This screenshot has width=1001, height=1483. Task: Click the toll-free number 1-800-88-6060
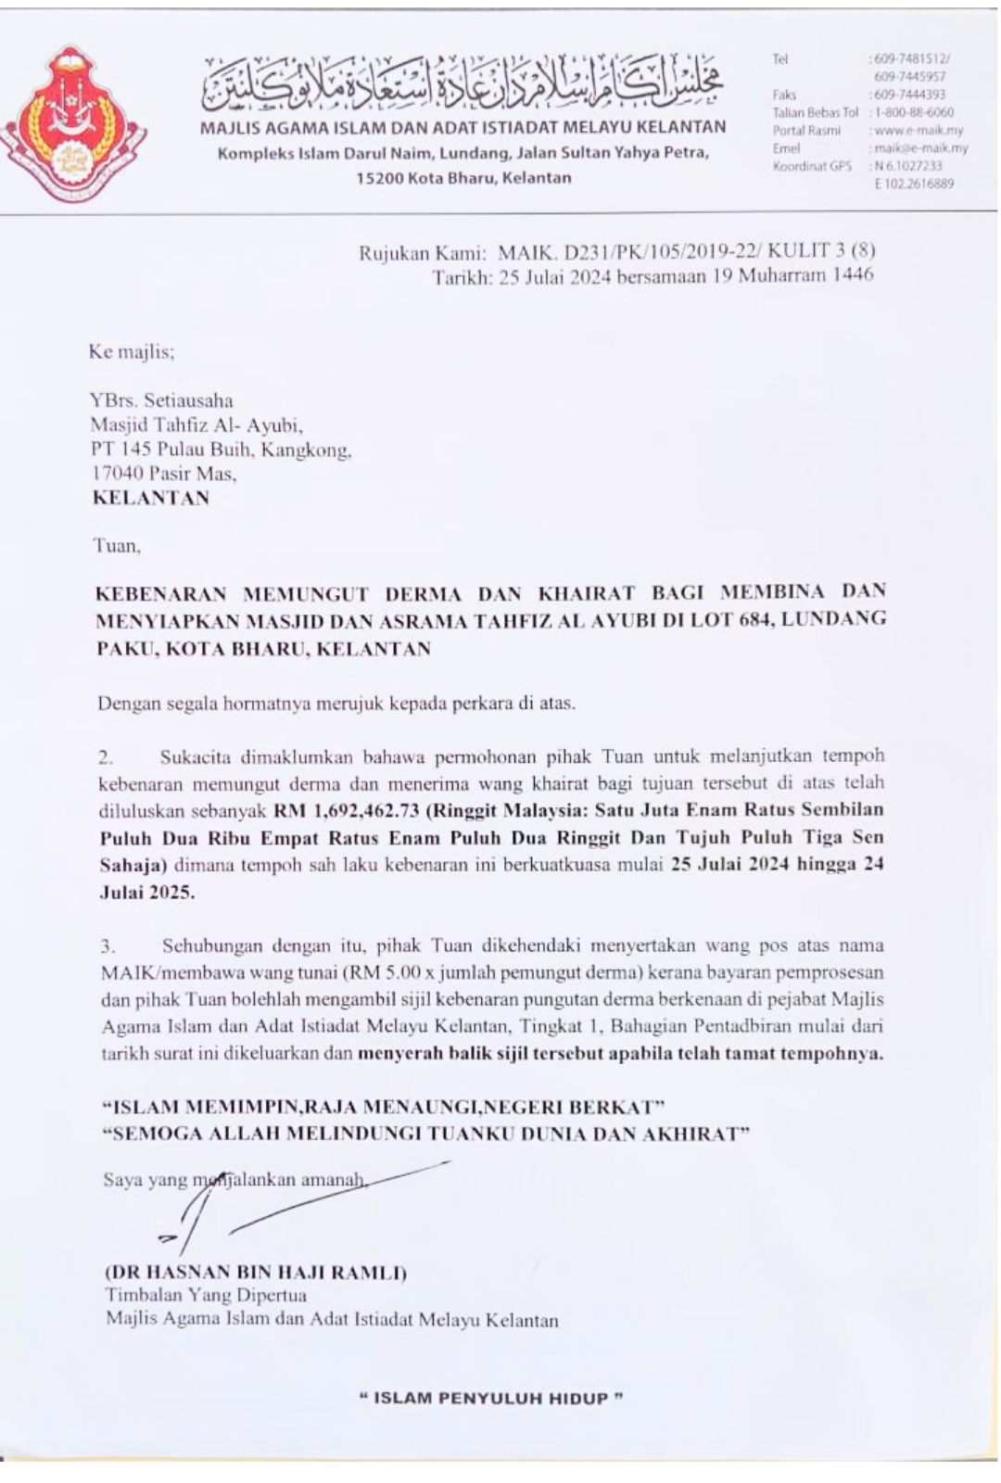(x=913, y=112)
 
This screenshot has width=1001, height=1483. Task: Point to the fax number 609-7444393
(x=909, y=95)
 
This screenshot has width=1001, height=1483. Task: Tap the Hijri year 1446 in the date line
(x=851, y=275)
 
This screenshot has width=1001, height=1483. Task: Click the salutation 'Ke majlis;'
(x=132, y=352)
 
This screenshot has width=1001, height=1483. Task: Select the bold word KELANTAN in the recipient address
(x=151, y=498)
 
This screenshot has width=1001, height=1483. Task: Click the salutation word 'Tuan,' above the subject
(x=117, y=546)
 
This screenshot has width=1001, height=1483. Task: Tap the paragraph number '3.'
(x=108, y=946)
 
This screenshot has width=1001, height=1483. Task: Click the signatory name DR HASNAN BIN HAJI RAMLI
(x=256, y=1273)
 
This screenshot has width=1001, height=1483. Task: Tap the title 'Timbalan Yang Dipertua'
(x=206, y=1296)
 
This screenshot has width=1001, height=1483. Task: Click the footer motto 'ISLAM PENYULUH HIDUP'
(x=491, y=1399)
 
